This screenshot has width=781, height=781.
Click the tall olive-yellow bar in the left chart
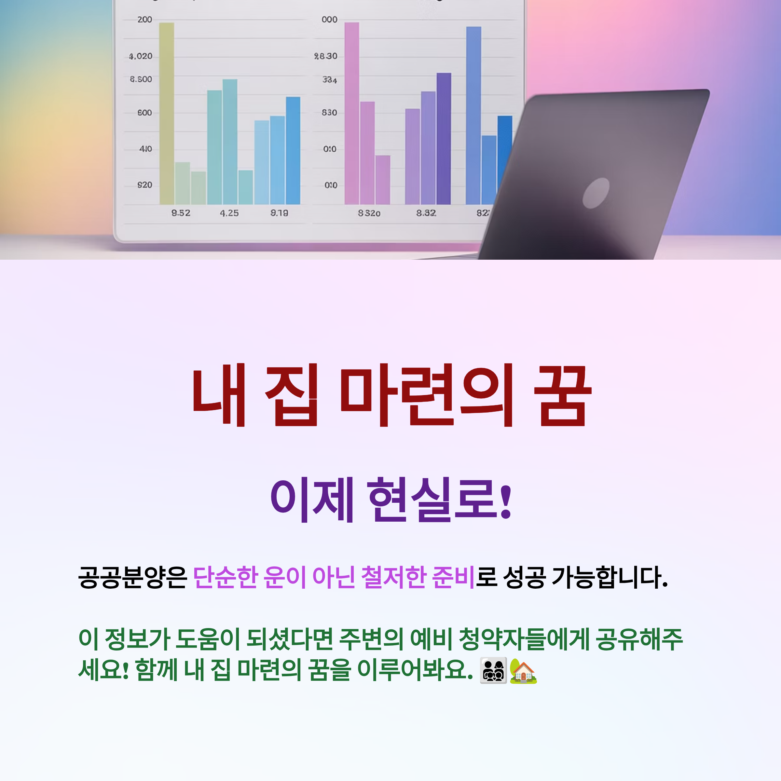coord(167,113)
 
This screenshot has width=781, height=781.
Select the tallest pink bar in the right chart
coord(351,113)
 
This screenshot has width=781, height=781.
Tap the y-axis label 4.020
coord(140,56)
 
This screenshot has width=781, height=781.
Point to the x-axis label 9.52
coord(181,213)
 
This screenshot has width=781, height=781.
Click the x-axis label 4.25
coord(229,213)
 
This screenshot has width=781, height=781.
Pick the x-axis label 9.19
coord(279,213)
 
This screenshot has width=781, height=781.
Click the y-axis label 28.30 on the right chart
coord(325,56)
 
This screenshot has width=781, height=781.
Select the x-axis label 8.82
coord(426,213)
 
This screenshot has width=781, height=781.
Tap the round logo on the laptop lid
coord(596,193)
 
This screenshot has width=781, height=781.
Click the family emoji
coord(493,671)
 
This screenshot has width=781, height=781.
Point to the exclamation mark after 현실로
coord(506,501)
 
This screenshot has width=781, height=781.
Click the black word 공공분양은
coord(132,577)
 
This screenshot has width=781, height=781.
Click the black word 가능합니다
coord(609,577)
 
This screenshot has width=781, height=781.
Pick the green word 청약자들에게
coord(524,640)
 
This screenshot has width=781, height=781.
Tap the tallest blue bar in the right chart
coord(473,115)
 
